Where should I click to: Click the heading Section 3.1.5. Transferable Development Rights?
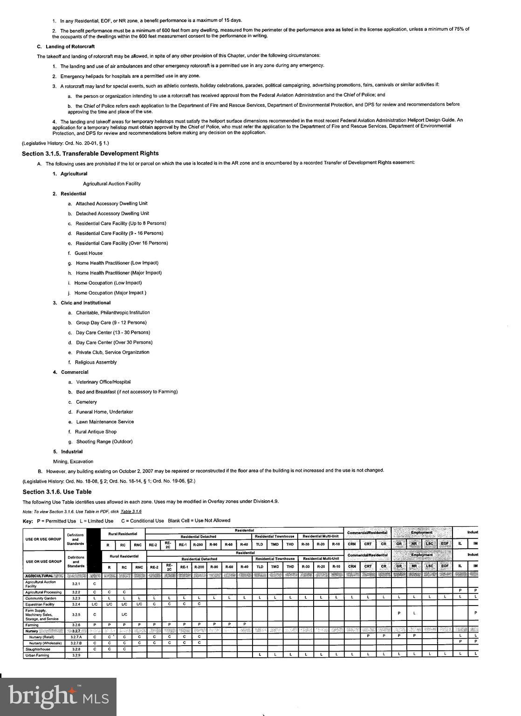pos(90,153)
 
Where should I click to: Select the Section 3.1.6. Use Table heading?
pos(57,492)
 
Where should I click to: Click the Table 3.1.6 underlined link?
pos(131,511)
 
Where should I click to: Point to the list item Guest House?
pos(89,253)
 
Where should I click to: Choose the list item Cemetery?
pos(87,402)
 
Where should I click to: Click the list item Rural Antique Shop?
pos(96,432)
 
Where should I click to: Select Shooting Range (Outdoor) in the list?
pos(104,441)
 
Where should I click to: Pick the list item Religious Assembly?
pos(96,362)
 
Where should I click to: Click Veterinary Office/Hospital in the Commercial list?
pos(103,382)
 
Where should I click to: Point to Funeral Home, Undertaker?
pos(104,412)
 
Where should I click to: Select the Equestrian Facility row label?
pos(40,604)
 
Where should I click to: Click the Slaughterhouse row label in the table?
pos(38,649)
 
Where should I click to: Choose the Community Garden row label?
pos(41,598)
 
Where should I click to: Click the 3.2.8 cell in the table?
pos(76,649)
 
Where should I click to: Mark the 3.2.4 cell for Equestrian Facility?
pos(76,604)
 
